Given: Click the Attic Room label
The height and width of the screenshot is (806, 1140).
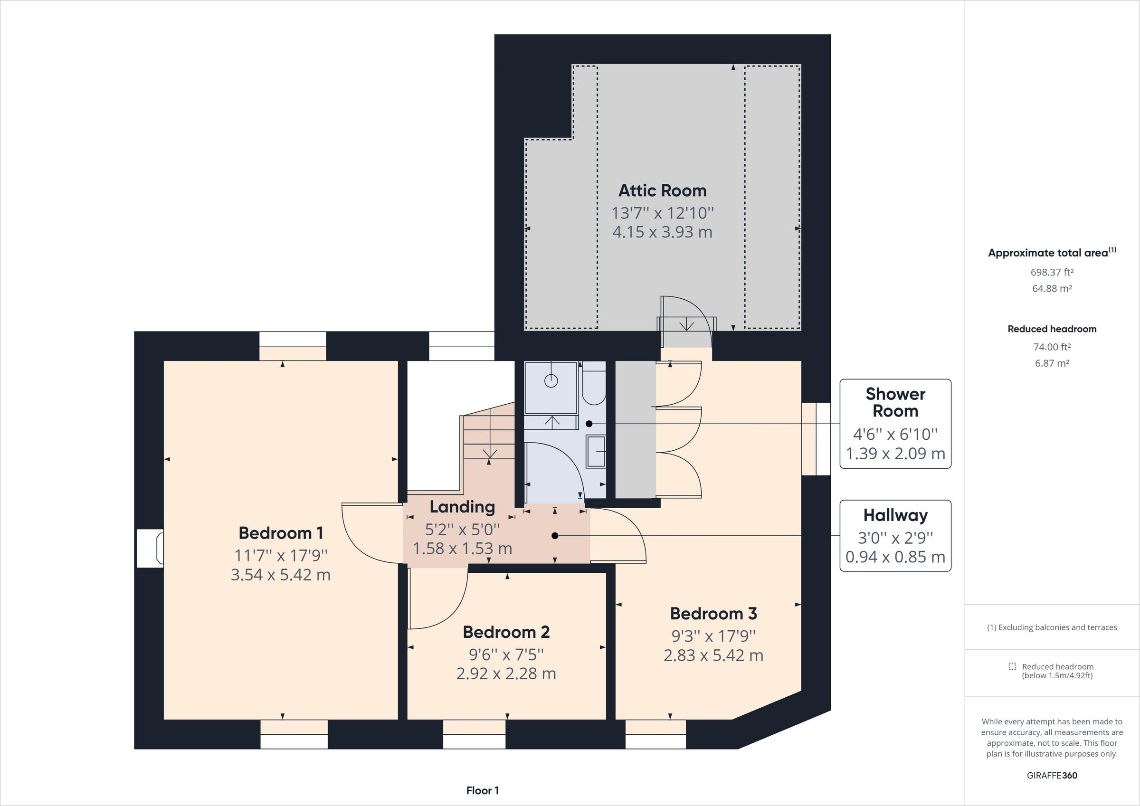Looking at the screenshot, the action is click(x=662, y=191).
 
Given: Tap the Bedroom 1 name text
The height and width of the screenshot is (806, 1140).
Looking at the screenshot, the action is click(x=281, y=533).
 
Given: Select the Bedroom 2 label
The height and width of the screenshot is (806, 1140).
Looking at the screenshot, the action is click(x=506, y=632).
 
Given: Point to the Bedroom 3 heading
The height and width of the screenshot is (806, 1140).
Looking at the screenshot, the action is click(x=713, y=614).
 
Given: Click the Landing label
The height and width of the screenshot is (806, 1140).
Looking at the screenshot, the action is click(x=462, y=507).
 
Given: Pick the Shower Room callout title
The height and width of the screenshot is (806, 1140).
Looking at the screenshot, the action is click(x=895, y=402).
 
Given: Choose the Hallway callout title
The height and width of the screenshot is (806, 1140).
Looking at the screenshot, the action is click(x=895, y=515).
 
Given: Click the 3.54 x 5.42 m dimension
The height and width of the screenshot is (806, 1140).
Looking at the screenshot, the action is click(x=281, y=575).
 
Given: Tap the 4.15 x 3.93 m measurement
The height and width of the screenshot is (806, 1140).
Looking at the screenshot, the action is click(x=662, y=232).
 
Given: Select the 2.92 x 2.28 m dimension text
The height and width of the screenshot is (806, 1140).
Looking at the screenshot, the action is click(x=506, y=674).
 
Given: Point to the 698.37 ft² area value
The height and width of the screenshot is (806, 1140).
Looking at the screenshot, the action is click(x=1052, y=272).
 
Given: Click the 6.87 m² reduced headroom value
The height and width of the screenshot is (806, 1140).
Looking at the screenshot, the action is click(x=1052, y=363).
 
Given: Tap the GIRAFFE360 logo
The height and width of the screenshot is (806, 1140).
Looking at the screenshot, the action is click(x=1052, y=775).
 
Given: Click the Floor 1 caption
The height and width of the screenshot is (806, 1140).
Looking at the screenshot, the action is click(x=483, y=791).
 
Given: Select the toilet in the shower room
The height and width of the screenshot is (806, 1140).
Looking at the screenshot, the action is click(x=594, y=383).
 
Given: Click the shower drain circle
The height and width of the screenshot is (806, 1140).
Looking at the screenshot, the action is click(x=551, y=381).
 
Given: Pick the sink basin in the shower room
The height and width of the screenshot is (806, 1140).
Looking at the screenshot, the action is click(x=596, y=451).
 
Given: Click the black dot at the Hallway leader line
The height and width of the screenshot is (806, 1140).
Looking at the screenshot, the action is click(x=555, y=536).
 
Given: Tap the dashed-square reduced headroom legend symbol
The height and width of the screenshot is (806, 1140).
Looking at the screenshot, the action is click(x=1012, y=666).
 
